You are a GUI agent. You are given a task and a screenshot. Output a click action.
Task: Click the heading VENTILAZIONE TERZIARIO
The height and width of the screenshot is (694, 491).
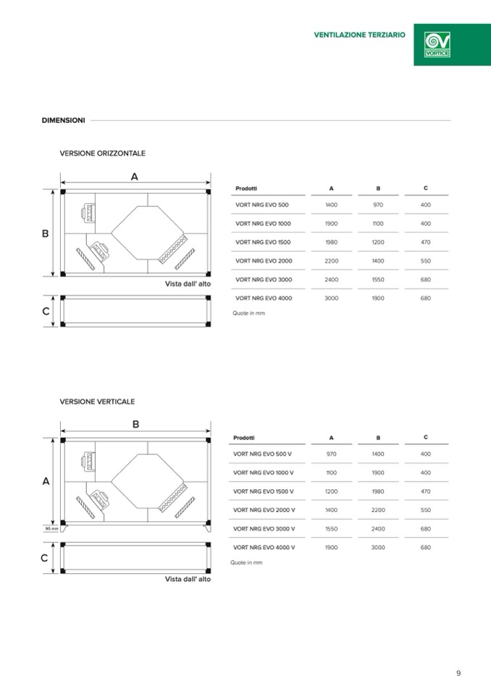click(359, 35)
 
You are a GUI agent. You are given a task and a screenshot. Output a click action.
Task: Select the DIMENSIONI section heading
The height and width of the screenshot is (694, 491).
click(63, 120)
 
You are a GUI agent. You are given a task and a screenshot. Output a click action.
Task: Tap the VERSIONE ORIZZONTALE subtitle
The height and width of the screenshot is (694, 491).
click(102, 153)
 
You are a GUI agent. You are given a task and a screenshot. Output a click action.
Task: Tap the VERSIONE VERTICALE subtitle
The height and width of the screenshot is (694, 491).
click(97, 402)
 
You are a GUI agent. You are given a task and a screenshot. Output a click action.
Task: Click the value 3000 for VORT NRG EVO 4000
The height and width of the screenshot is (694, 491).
click(331, 297)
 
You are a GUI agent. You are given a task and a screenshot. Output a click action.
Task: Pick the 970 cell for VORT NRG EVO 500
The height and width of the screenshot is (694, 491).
click(378, 205)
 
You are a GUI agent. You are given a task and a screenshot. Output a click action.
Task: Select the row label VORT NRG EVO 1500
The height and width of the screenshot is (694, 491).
click(263, 242)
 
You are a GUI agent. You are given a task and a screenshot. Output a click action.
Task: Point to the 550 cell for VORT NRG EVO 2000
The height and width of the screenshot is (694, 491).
click(425, 261)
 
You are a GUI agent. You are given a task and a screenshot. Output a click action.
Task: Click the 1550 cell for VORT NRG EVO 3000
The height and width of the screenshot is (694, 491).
click(378, 279)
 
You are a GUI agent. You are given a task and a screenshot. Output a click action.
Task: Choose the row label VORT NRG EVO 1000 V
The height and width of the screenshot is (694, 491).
click(264, 473)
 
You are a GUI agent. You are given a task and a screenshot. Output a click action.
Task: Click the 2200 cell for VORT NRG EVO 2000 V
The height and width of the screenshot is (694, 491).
click(378, 509)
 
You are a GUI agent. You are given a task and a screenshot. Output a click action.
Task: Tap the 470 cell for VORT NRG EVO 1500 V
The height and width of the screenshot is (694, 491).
click(425, 491)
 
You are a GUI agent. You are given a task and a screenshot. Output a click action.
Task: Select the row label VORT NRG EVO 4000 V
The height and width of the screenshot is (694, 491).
click(264, 547)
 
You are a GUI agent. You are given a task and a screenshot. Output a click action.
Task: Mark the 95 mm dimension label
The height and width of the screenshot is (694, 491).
click(51, 528)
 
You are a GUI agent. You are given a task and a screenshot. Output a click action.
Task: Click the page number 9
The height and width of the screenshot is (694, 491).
click(458, 673)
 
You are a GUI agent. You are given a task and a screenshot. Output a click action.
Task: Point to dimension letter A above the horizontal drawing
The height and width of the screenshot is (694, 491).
click(135, 176)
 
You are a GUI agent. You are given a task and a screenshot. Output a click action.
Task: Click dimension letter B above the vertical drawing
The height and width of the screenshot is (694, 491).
click(135, 425)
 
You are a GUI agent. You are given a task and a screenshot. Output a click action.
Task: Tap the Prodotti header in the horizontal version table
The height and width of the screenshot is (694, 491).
click(246, 188)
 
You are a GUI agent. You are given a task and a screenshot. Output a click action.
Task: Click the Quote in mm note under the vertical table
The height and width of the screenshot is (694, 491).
click(246, 562)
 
